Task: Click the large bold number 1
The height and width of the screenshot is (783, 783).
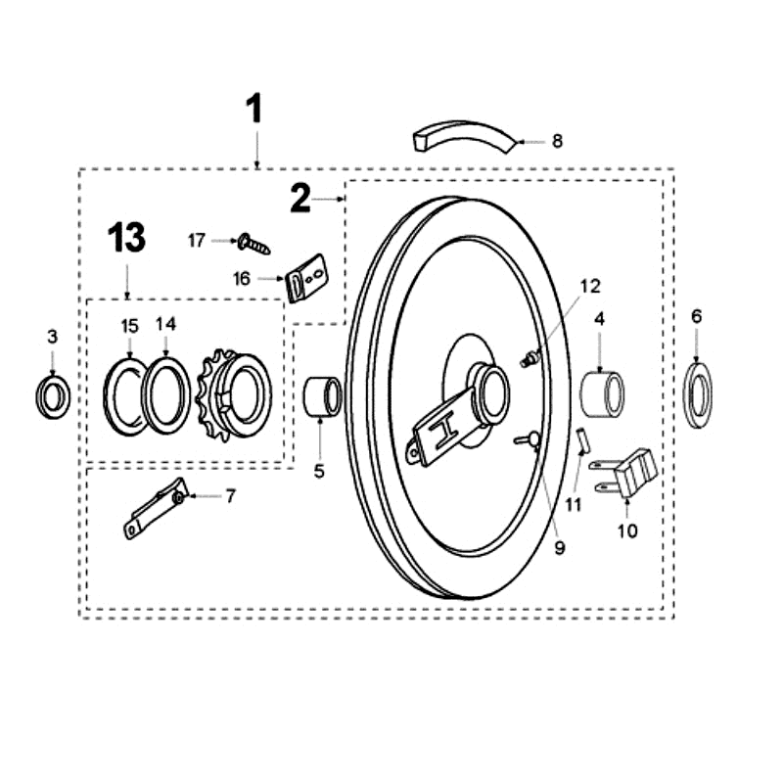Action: [254, 109]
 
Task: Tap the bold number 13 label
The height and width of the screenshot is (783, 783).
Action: [127, 238]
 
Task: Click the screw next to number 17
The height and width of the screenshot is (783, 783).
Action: [253, 244]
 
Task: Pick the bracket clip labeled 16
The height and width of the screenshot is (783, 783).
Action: [307, 278]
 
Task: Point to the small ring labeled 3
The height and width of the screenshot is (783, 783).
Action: [53, 397]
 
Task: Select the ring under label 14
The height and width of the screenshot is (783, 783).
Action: [165, 395]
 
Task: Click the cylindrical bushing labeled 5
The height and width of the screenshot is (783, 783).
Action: [323, 397]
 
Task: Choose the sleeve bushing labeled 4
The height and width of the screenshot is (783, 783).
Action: [602, 394]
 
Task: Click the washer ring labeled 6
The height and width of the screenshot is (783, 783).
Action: [698, 395]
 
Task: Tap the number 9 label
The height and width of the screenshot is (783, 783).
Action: [560, 548]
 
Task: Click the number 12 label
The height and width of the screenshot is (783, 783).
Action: [590, 286]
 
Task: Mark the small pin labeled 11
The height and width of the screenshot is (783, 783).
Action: [583, 440]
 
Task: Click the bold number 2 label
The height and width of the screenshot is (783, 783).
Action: [300, 199]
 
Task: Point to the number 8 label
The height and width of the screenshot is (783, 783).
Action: [558, 141]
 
